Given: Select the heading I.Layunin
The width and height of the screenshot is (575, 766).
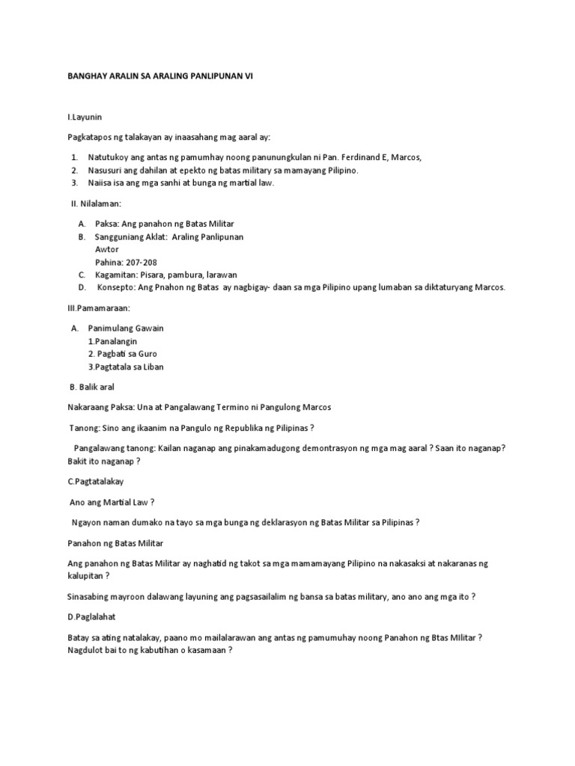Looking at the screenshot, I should coord(85,118).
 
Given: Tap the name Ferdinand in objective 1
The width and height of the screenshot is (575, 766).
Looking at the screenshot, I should coord(371,157).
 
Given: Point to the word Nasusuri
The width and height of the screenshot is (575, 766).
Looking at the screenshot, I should coord(107,170).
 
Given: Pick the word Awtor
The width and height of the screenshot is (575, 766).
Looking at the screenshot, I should coord(106,249).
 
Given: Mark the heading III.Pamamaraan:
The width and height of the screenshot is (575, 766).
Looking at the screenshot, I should coord(99,307).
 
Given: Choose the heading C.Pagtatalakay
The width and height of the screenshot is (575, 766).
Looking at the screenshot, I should coord(96,482).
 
